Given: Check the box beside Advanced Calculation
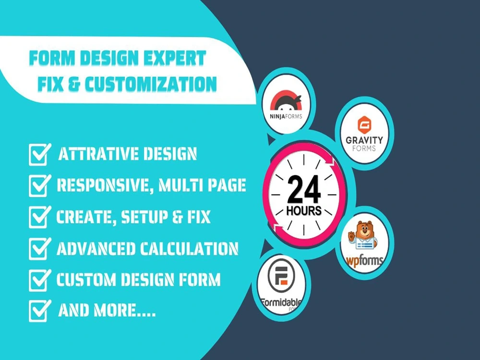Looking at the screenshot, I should coord(39,249).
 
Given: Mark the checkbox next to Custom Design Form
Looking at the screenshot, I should coord(39,280).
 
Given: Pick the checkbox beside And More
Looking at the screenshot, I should coord(39,311).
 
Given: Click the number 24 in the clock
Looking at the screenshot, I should coord(304,190).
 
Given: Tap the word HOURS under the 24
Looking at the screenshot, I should coord(304,212).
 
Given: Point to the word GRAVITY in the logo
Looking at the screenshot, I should coord(365,140).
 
